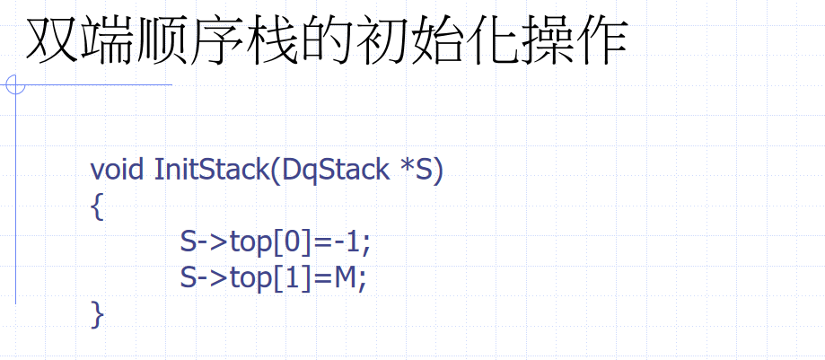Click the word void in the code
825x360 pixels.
pos(118,170)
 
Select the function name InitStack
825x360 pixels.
pos(210,170)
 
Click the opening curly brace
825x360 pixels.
pos(97,207)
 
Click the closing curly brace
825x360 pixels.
pos(97,315)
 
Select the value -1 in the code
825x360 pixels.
pos(347,242)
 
